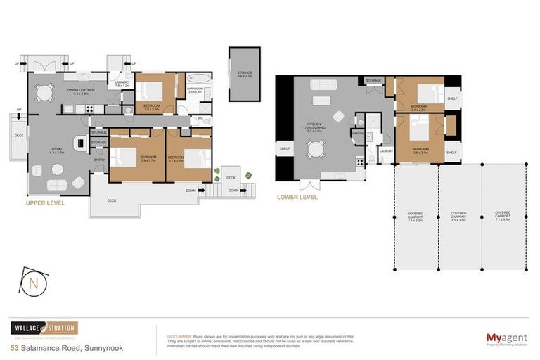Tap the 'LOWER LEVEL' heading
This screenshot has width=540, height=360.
click(297, 198)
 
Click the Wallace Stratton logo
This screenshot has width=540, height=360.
click(44, 328)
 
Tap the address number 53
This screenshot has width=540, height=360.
click(14, 347)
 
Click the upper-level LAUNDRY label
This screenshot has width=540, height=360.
click(122, 84)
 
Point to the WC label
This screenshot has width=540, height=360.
click(200, 118)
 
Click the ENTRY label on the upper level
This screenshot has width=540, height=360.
click(99, 160)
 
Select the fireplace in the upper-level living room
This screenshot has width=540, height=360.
click(82, 143)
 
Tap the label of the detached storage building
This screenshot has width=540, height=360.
click(244, 74)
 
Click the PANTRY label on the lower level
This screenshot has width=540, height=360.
click(357, 133)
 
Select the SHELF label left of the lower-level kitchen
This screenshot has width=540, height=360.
click(285, 148)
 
